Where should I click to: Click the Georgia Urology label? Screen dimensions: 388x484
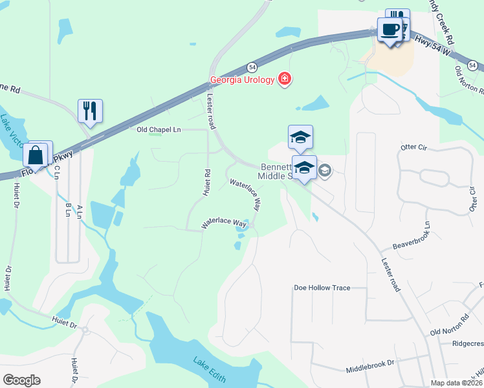click(x=242, y=81)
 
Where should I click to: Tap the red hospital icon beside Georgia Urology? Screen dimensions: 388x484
click(x=283, y=80)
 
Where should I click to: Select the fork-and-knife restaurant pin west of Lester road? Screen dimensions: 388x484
click(x=90, y=111)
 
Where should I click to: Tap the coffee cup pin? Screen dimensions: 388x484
click(x=390, y=30)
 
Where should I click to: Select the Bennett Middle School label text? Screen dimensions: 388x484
click(x=279, y=171)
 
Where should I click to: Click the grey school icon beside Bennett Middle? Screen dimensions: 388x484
click(x=324, y=171)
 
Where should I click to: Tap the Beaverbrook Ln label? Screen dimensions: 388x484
click(x=411, y=240)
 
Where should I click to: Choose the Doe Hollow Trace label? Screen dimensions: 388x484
click(x=322, y=287)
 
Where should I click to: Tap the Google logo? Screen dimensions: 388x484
click(x=21, y=380)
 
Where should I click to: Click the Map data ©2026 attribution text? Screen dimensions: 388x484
click(x=456, y=383)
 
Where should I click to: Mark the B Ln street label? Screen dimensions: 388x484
click(x=68, y=210)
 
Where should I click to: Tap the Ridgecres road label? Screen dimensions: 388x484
click(x=468, y=344)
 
